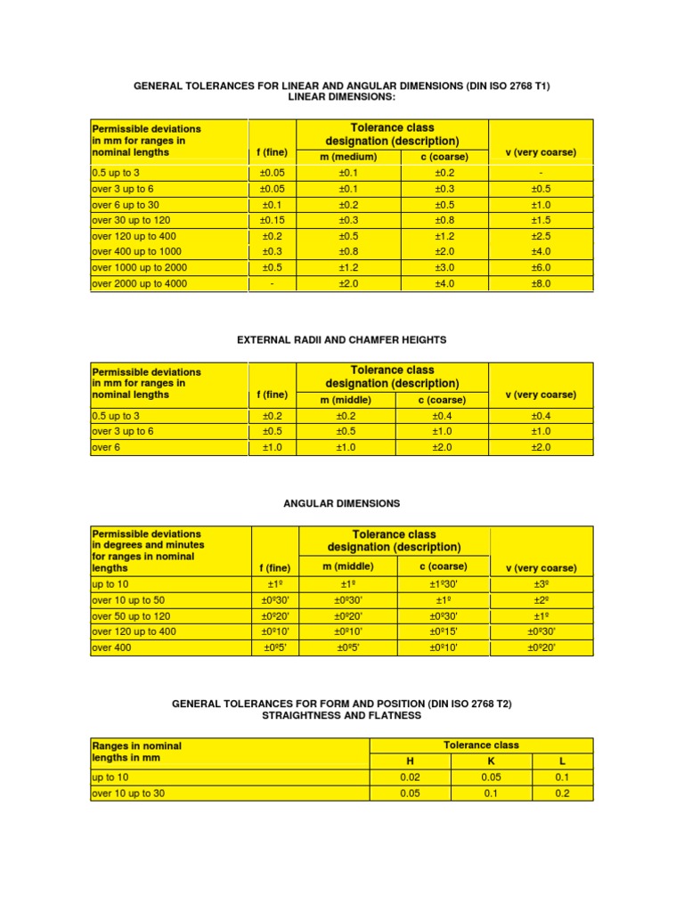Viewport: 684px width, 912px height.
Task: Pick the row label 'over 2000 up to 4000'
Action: click(x=140, y=284)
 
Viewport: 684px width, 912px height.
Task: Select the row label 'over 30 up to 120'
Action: click(x=131, y=220)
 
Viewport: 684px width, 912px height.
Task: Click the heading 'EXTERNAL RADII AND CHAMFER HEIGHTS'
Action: click(x=341, y=340)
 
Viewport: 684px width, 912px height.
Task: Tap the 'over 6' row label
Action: click(x=105, y=447)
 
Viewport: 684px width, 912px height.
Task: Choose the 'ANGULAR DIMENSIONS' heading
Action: click(x=341, y=504)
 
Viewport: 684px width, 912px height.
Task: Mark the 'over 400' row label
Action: click(x=111, y=648)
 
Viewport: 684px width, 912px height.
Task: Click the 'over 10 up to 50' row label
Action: click(x=128, y=600)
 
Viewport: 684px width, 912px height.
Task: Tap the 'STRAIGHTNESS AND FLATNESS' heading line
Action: click(x=341, y=716)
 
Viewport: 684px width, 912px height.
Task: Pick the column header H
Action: click(x=410, y=761)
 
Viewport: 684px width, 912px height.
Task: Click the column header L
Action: click(x=562, y=761)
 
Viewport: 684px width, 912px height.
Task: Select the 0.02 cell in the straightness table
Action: click(x=410, y=778)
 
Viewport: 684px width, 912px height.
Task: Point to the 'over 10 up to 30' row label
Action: click(x=128, y=794)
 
